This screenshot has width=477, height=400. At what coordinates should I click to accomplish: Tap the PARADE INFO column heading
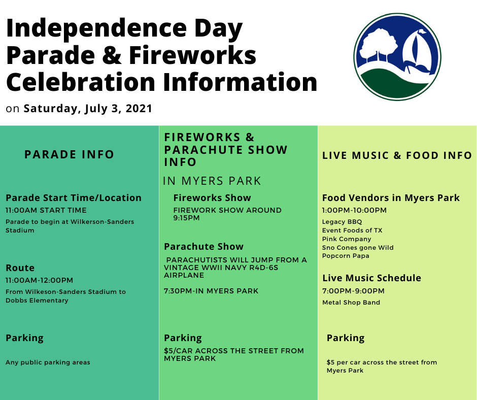[69, 154]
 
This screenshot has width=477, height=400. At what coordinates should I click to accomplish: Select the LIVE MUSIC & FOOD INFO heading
[397, 155]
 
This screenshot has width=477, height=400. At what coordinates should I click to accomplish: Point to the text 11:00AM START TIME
[46, 210]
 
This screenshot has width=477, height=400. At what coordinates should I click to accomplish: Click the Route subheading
[20, 268]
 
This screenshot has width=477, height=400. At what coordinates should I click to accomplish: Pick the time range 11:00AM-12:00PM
[39, 280]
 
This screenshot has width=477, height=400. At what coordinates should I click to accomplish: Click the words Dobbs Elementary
[37, 301]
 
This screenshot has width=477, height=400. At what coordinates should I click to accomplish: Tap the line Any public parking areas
[48, 362]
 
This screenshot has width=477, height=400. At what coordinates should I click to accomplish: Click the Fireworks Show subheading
[212, 198]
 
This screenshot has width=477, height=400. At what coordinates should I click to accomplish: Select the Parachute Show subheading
[203, 247]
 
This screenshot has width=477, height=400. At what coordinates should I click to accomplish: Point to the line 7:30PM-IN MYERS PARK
[211, 291]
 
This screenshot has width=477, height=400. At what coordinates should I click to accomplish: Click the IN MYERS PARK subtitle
[212, 181]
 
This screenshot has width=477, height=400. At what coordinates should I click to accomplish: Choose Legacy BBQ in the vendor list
[342, 222]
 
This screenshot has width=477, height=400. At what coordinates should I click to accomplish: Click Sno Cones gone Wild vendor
[358, 248]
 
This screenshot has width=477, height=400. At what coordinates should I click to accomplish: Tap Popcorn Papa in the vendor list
[346, 256]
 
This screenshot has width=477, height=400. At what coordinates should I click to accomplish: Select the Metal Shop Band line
[351, 302]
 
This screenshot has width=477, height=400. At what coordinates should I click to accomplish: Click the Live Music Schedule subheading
[372, 278]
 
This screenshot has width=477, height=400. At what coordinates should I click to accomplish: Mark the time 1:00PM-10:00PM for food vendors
[354, 210]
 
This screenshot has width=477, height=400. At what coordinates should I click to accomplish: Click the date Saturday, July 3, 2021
[88, 108]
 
